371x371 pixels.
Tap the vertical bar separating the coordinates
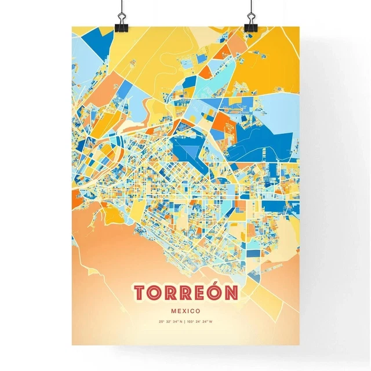[x=185, y=322]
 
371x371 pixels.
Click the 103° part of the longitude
[x=191, y=322]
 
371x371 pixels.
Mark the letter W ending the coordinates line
[x=212, y=322]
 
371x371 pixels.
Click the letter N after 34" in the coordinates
[x=181, y=322]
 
